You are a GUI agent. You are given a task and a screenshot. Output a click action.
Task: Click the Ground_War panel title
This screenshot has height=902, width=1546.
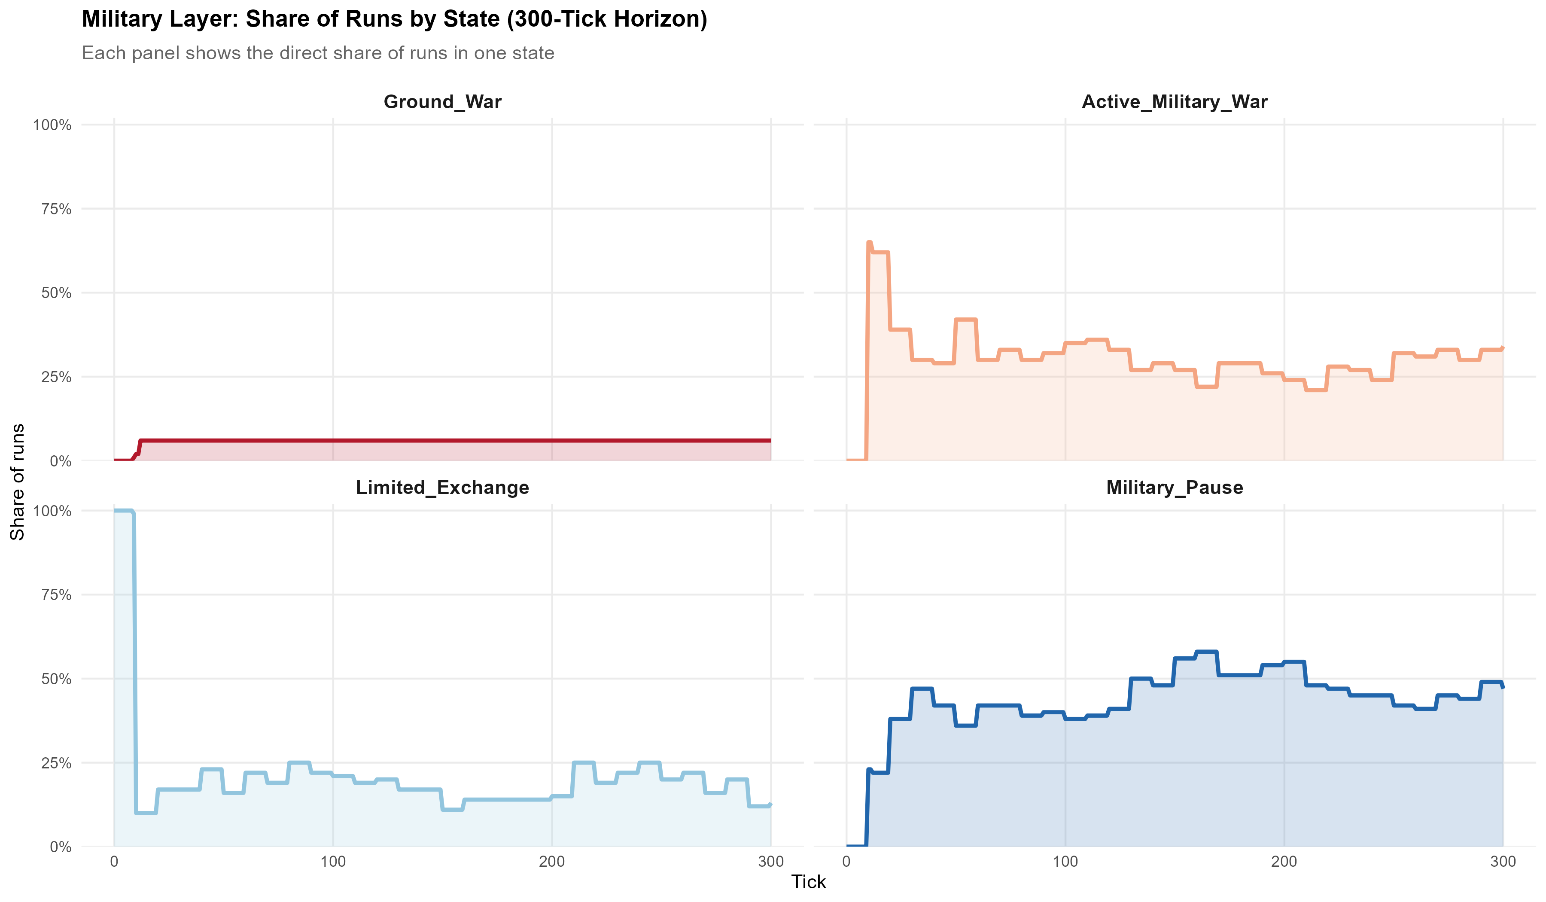coord(442,102)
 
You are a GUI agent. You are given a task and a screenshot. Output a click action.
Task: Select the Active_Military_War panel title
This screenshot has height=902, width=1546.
coord(1174,102)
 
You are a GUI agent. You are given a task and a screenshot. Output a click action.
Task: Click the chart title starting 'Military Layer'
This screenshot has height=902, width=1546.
coord(395,19)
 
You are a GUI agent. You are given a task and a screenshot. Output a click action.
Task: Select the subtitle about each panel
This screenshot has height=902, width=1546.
coord(318,53)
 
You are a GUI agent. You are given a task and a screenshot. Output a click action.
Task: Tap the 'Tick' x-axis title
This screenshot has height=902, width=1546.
coord(809,882)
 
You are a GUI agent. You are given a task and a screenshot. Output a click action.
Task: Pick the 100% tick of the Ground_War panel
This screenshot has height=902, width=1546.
coord(52,125)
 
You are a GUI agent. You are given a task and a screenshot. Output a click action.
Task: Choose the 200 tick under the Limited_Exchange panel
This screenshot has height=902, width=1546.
coord(551,862)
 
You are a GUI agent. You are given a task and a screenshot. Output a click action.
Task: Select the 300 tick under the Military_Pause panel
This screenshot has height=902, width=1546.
coord(1503,862)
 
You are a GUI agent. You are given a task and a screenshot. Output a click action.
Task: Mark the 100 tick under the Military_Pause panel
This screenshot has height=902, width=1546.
coord(1065,862)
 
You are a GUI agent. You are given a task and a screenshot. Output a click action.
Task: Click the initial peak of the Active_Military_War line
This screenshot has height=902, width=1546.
coord(869,243)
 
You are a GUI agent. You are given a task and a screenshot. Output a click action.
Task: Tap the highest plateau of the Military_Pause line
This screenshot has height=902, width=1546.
coord(1206,652)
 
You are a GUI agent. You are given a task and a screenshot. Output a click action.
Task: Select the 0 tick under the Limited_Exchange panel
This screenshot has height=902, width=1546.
coord(114,862)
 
